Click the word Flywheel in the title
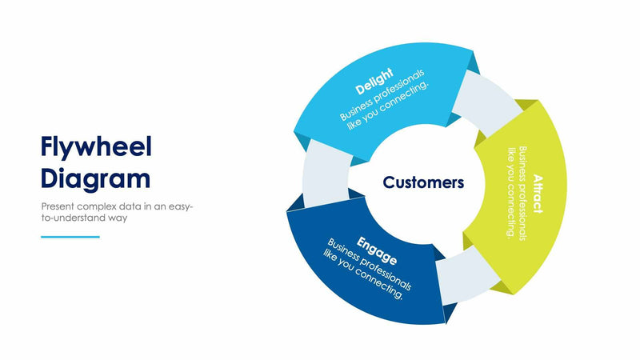click(96, 148)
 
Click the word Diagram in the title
click(95, 177)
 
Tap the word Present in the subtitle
click(59, 206)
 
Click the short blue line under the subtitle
click(70, 237)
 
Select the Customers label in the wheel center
click(423, 182)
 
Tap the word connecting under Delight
click(408, 96)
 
